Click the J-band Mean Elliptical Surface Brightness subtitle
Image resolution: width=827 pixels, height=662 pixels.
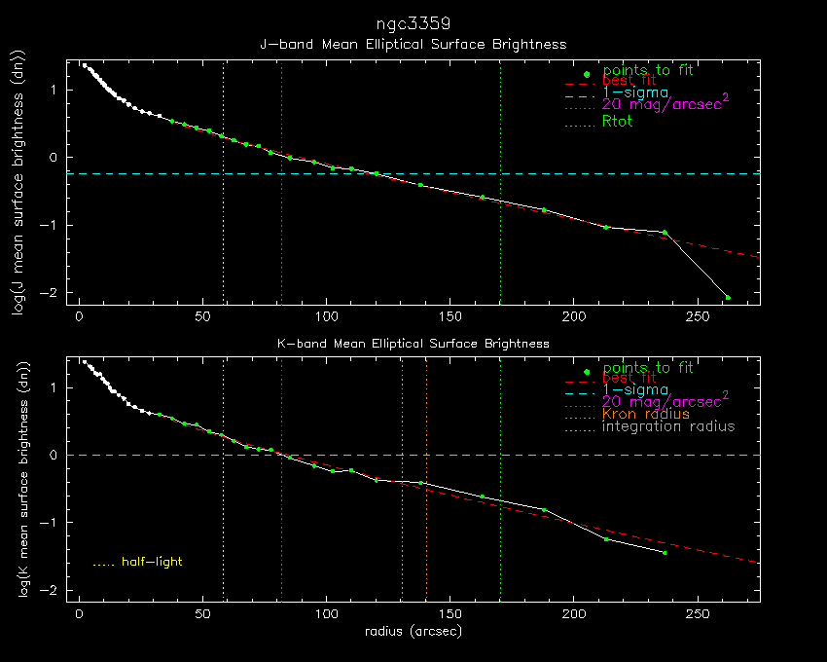(413, 45)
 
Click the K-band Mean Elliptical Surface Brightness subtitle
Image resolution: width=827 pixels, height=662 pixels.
(413, 344)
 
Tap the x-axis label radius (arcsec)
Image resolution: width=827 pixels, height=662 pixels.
(413, 631)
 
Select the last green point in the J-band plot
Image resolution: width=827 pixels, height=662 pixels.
(727, 297)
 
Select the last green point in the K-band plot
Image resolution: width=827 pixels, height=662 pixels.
(665, 552)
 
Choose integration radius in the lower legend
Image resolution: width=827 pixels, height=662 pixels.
(668, 426)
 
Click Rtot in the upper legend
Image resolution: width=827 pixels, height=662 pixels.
(618, 122)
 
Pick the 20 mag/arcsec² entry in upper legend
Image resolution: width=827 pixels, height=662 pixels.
(665, 103)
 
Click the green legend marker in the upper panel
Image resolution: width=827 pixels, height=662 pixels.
(586, 75)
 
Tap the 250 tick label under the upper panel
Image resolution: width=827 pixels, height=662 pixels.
(697, 316)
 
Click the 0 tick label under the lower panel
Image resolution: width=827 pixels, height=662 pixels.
(79, 615)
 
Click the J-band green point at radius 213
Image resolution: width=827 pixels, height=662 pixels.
(606, 227)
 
